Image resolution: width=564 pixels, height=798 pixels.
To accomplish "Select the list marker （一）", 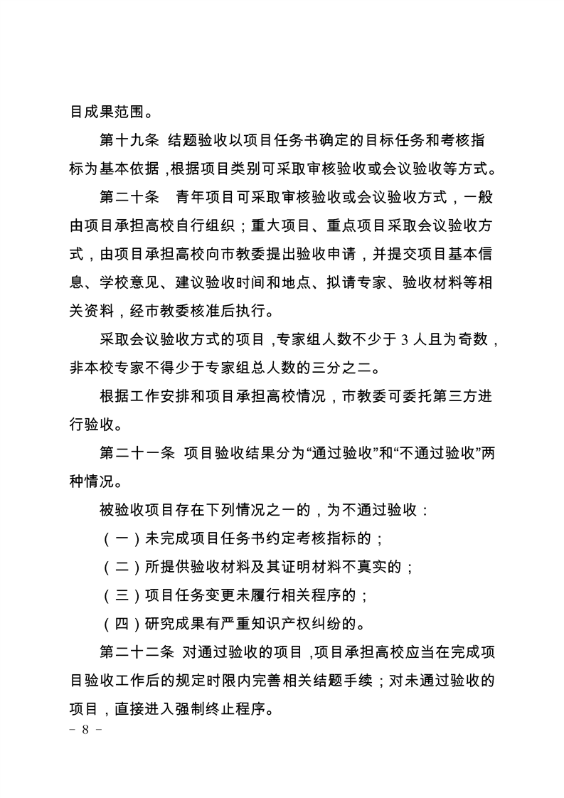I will tap(114, 538).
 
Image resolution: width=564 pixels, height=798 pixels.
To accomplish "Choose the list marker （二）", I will tap(114, 567).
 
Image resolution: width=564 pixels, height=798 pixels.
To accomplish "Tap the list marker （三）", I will tap(114, 595).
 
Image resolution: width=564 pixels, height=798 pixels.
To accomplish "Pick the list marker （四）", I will tap(114, 624).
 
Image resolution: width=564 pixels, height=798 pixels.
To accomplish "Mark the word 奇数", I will tap(472, 340).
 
